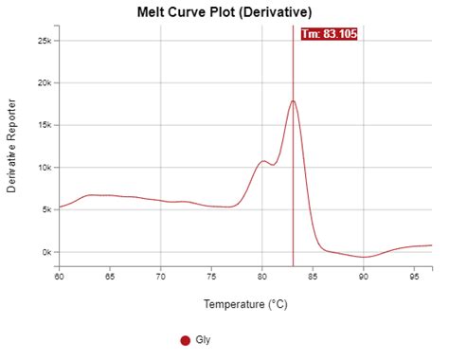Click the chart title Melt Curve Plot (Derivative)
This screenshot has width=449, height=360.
click(224, 10)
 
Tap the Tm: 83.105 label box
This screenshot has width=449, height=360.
click(328, 34)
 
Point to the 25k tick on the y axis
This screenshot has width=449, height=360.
click(44, 41)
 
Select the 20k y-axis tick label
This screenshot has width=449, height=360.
click(44, 83)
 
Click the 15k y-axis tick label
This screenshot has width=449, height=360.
click(44, 125)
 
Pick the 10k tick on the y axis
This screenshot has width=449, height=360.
click(44, 168)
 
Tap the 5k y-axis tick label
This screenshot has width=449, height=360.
click(45, 210)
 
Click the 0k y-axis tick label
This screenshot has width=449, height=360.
click(45, 252)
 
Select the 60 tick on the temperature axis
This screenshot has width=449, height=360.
click(59, 277)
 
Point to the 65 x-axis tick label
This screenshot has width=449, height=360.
click(110, 277)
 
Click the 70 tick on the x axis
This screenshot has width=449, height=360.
click(161, 277)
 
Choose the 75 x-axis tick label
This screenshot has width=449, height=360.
click(211, 277)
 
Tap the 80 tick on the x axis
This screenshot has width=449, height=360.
click(262, 277)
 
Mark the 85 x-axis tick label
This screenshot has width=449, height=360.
click(314, 277)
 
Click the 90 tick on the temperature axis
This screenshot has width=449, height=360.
click(364, 277)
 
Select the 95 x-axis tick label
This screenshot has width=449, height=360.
click(415, 277)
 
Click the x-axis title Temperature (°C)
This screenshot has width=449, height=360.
click(244, 305)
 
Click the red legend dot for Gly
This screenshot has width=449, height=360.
click(185, 340)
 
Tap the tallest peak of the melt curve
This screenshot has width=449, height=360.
click(294, 101)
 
